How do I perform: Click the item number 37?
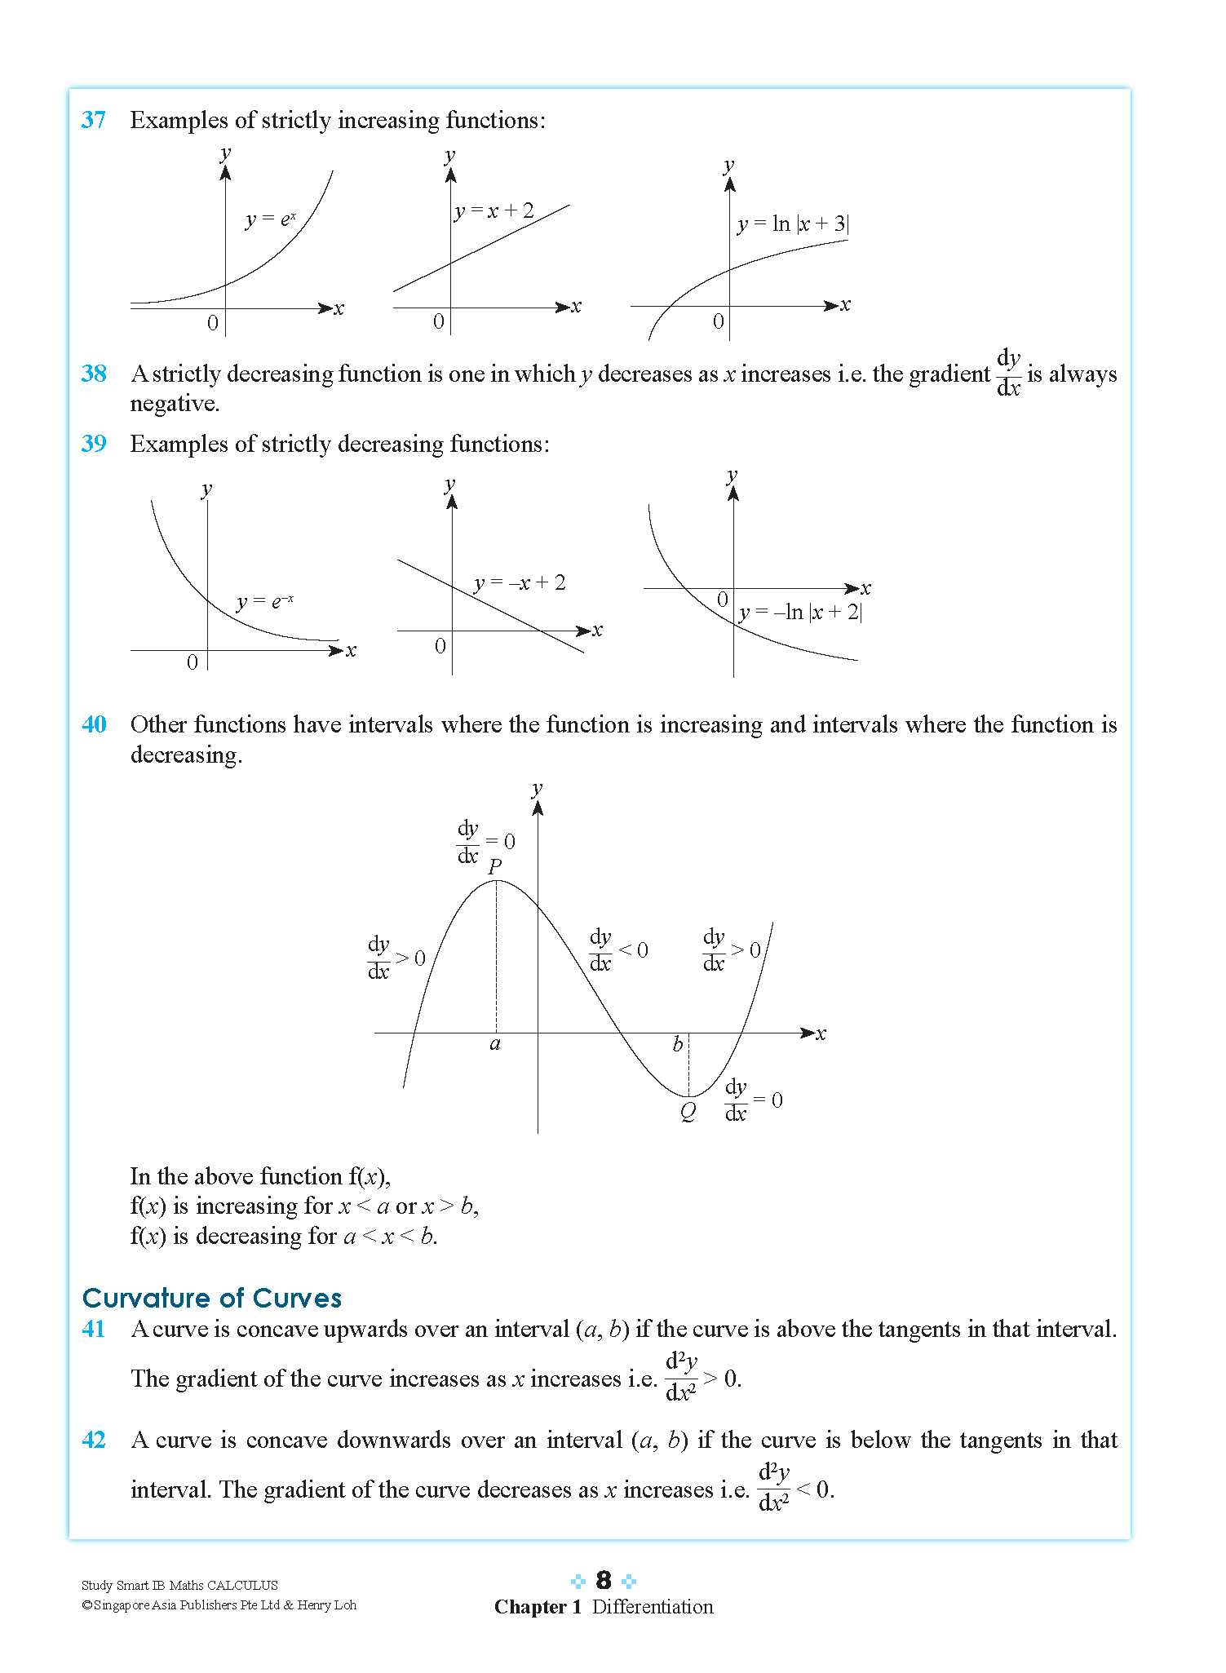coord(94,120)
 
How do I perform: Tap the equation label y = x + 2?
coord(493,211)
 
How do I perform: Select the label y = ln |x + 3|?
coord(793,224)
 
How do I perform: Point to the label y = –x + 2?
coord(520,582)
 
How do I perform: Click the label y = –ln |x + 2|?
coord(800,612)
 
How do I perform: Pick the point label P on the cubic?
coord(494,866)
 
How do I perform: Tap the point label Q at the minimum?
coord(688,1111)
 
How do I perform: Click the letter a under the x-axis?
coord(494,1044)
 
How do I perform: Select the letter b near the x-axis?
coord(677,1045)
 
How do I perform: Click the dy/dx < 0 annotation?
coord(618,950)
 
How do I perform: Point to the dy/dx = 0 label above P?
coord(485,842)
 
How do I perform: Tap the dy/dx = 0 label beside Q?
coord(753,1100)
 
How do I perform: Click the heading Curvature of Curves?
coord(212,1298)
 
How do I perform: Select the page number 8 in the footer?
coord(603,1580)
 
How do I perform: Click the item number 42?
coord(94,1440)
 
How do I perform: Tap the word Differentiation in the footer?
coord(652,1606)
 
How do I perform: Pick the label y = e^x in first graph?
coord(270,219)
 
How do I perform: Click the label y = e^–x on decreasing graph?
coord(264,602)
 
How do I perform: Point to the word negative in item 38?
coord(174,404)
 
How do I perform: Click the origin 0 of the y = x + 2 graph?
coord(439,321)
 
